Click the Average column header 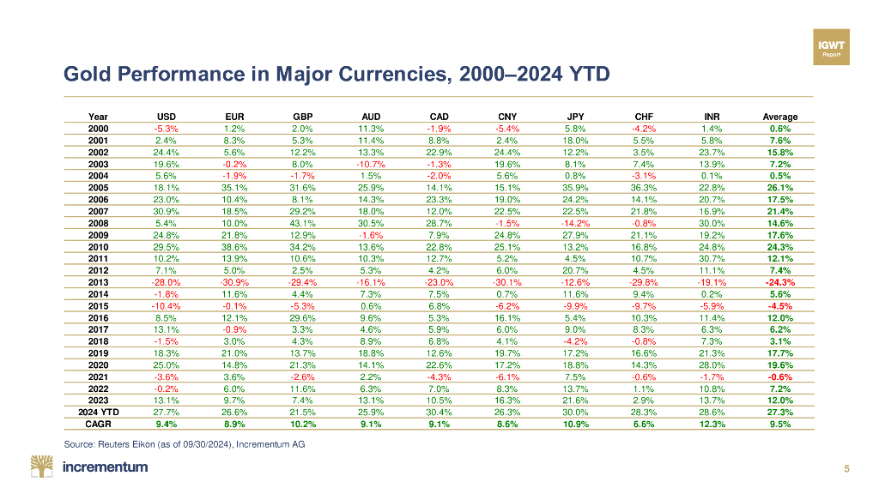779,117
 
